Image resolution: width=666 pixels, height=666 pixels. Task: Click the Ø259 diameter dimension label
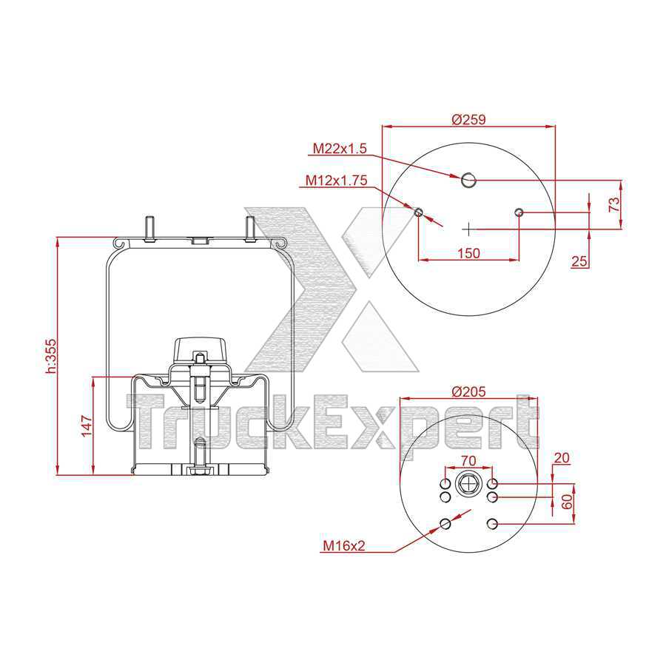pos(468,119)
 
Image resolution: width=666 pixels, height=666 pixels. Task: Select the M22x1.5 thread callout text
pos(340,149)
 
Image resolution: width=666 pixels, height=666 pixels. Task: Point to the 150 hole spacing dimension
pos(468,253)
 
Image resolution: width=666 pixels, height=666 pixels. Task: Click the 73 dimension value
pos(614,205)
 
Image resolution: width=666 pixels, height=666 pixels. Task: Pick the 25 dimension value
pos(579,260)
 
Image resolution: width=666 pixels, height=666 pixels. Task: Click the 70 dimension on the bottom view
pos(468,460)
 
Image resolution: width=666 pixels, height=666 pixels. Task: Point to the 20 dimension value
pos(562,458)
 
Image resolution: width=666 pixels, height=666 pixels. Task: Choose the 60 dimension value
pos(567,501)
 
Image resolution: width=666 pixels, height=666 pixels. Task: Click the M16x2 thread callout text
pos(344,547)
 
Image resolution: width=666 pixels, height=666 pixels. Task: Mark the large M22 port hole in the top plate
pos(468,179)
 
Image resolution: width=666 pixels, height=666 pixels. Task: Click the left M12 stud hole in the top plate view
pos(418,213)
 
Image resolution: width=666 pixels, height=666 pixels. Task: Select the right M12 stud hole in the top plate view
pos(519,213)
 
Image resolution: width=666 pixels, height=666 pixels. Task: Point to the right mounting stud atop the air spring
pos(250,227)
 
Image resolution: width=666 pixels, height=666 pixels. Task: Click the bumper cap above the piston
pos(200,348)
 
